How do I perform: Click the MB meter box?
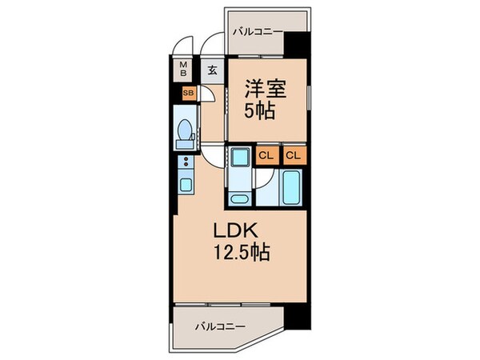click(x=183, y=70)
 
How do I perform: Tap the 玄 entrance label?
click(x=213, y=70)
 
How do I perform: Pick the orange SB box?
click(x=188, y=94)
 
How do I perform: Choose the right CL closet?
click(x=294, y=155)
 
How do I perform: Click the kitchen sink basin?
click(x=186, y=186)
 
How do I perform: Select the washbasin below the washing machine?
click(x=240, y=197)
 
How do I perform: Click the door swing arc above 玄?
click(x=213, y=46)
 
